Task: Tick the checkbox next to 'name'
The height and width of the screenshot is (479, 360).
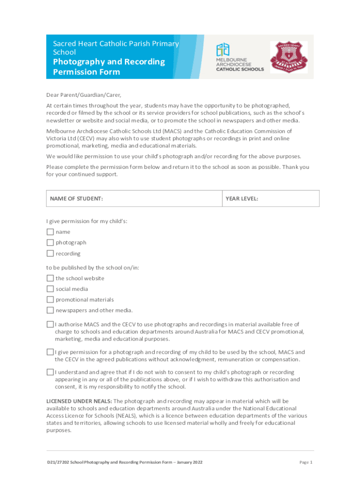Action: pyautogui.click(x=50, y=232)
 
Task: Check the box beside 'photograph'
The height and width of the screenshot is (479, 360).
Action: pyautogui.click(x=50, y=242)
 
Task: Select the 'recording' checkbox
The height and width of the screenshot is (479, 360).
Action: pyautogui.click(x=50, y=253)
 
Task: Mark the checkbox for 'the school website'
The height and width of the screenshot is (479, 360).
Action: pyautogui.click(x=50, y=278)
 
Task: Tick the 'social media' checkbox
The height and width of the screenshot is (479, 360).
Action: pyautogui.click(x=50, y=289)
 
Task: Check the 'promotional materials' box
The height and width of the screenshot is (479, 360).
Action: pyautogui.click(x=50, y=299)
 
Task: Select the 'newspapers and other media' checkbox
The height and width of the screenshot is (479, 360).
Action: pyautogui.click(x=50, y=310)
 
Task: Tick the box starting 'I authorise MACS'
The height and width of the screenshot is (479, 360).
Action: pyautogui.click(x=50, y=324)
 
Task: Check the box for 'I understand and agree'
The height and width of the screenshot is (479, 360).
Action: pyautogui.click(x=50, y=372)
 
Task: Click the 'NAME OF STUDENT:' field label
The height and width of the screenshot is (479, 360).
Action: pyautogui.click(x=76, y=199)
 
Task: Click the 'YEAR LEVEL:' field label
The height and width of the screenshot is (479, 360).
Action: pyautogui.click(x=242, y=199)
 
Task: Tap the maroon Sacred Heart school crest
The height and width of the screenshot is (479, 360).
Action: pyautogui.click(x=288, y=57)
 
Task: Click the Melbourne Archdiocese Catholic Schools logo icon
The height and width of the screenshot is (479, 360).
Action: pyautogui.click(x=223, y=50)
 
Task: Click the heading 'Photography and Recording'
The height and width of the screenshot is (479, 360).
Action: pyautogui.click(x=109, y=62)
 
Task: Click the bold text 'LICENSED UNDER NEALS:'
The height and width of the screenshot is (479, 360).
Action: pyautogui.click(x=79, y=401)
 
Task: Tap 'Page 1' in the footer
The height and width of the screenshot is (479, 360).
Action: pyautogui.click(x=305, y=462)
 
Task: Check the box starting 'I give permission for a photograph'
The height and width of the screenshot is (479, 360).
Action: pyautogui.click(x=50, y=351)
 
